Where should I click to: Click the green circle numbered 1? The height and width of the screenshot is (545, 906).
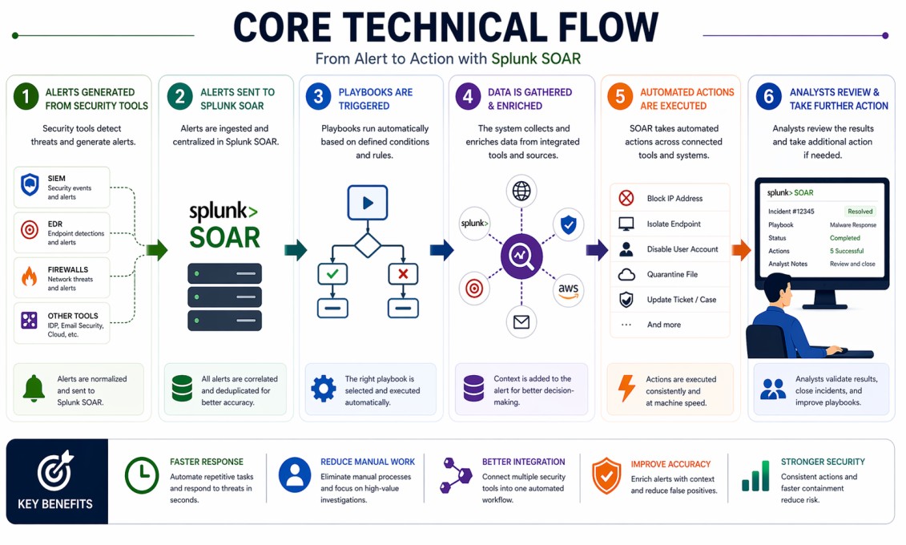tap(26, 98)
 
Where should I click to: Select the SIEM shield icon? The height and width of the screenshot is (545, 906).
tap(30, 185)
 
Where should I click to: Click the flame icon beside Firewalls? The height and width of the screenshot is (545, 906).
tap(30, 277)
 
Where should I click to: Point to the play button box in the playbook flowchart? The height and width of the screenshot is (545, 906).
tap(367, 203)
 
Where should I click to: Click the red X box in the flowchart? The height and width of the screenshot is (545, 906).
tap(403, 274)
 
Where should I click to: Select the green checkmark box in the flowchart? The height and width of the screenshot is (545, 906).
tap(332, 274)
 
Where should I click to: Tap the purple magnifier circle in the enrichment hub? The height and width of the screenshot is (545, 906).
tap(521, 256)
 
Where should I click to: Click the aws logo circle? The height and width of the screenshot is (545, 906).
tap(569, 290)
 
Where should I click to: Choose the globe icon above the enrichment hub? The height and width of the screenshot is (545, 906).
tap(521, 192)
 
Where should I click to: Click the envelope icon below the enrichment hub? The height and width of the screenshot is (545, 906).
tap(521, 322)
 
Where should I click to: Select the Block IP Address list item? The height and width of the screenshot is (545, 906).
tap(670, 199)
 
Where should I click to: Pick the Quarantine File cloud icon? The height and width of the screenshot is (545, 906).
tap(626, 275)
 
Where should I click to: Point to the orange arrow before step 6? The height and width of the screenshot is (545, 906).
tap(741, 250)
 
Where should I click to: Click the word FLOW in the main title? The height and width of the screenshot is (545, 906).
tap(600, 27)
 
